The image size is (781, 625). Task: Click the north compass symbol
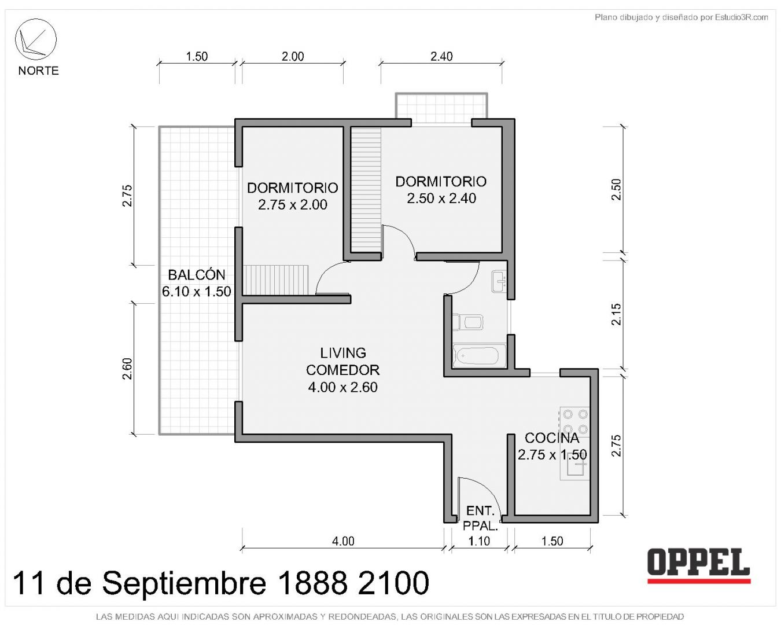[35, 39]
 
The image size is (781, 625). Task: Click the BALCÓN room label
[197, 275]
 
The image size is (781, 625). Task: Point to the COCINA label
[552, 438]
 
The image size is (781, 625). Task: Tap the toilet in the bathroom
[468, 322]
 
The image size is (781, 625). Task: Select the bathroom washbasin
[499, 281]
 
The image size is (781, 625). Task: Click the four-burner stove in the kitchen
[575, 422]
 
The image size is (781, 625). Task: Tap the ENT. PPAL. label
[480, 519]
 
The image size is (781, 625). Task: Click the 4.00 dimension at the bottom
[343, 541]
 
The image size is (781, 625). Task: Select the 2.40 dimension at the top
[441, 56]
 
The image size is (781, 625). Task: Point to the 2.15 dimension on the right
[616, 314]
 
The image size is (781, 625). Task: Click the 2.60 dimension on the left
[127, 369]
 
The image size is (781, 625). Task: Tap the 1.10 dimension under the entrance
[479, 541]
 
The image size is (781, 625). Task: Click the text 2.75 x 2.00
[293, 204]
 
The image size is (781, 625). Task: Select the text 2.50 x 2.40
[441, 198]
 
